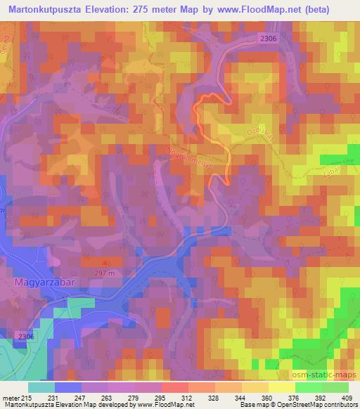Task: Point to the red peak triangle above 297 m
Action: pos(107,263)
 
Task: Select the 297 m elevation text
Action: pos(107,272)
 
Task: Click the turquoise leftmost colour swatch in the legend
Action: pos(41,387)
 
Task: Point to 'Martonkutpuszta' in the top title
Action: pos(49,11)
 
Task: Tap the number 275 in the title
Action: pos(151,11)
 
